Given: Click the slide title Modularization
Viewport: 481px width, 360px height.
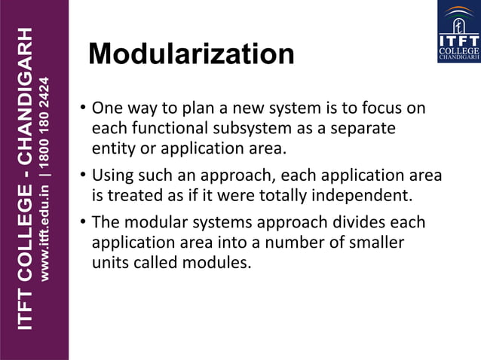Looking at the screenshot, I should click(191, 54).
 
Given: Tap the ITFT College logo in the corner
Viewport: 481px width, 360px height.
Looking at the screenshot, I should click(458, 32).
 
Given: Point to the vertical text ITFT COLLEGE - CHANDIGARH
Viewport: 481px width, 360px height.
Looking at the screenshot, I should click(25, 179).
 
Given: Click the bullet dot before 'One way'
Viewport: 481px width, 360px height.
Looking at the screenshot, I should click(83, 108).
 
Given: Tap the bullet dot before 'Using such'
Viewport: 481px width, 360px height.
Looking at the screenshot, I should click(83, 177).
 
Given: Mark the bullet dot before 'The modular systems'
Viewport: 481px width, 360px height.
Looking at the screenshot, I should click(83, 224).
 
